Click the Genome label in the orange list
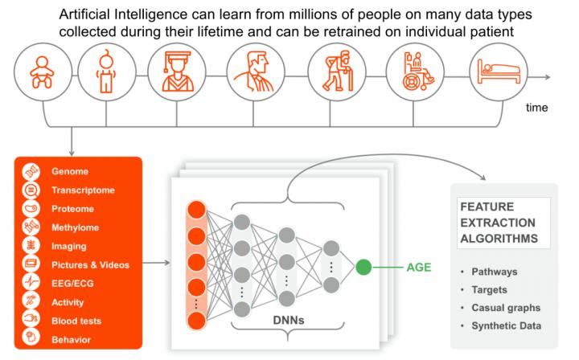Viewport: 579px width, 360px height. coord(70,171)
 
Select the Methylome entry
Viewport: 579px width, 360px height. coord(75,227)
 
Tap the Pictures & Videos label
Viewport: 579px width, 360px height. coord(90,264)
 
